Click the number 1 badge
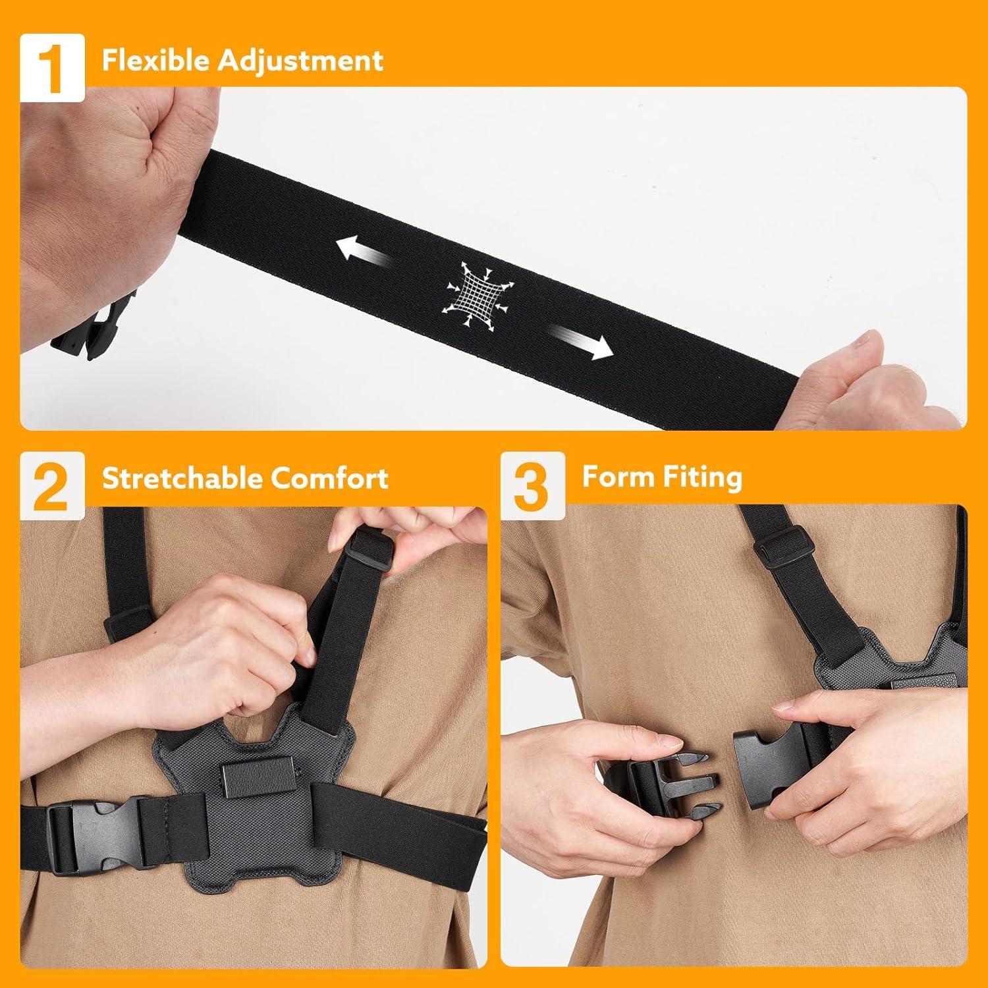point(52,68)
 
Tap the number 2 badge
point(52,486)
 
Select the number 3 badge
point(532,486)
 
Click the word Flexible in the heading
point(156,61)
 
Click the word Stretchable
point(182,478)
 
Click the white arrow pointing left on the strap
point(360,250)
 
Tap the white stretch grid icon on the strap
point(480,296)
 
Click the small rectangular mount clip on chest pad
point(250,780)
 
